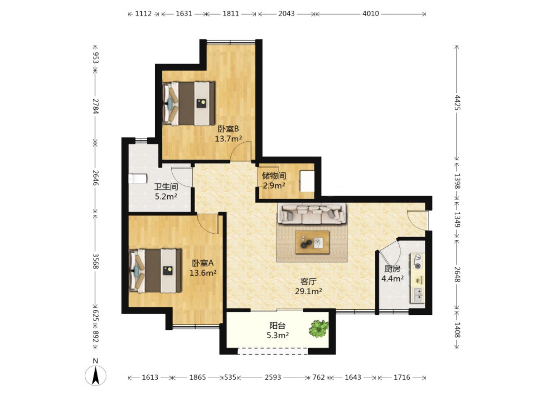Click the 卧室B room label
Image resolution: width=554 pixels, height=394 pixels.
click(228, 129)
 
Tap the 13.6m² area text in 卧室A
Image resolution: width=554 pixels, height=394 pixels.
click(203, 273)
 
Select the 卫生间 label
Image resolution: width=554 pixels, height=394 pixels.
click(166, 187)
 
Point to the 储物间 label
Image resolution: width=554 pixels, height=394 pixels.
click(274, 176)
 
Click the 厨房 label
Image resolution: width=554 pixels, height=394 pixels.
click(392, 269)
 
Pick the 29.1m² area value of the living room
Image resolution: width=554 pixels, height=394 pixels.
click(308, 291)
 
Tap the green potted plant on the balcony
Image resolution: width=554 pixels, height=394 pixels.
click(319, 329)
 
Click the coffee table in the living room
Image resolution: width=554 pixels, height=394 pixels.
click(312, 242)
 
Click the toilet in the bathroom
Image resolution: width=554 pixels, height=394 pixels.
click(138, 179)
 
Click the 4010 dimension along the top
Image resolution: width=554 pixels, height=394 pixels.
click(370, 13)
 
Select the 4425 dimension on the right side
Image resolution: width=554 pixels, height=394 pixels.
click(457, 102)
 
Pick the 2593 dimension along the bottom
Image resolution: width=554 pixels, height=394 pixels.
click(273, 377)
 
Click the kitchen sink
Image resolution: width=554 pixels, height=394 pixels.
click(418, 295)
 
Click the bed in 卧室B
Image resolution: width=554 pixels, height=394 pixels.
click(189, 104)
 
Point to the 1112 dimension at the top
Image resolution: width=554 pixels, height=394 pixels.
click(143, 13)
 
